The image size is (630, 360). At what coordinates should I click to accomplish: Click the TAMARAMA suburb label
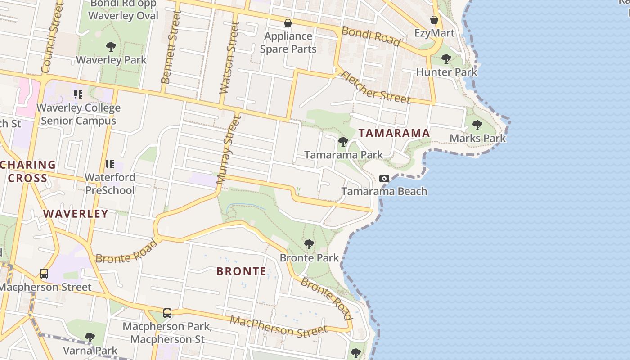tap(394, 133)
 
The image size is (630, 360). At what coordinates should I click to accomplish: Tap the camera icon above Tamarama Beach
tap(384, 178)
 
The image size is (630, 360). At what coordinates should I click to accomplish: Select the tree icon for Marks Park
tap(477, 125)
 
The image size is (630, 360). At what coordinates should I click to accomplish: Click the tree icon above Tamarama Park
tap(343, 142)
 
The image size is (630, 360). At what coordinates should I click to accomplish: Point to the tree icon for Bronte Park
tap(309, 244)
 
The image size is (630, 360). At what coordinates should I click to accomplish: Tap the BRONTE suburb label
tap(241, 271)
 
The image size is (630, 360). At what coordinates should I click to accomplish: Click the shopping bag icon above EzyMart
tap(434, 20)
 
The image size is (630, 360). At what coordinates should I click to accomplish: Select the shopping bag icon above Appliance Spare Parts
tap(288, 22)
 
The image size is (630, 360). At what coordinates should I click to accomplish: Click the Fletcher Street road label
tap(375, 87)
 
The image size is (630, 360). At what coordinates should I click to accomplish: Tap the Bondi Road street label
tap(371, 36)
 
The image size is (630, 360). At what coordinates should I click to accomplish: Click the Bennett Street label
tap(171, 47)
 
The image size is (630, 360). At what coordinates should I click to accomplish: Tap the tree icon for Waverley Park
tap(111, 46)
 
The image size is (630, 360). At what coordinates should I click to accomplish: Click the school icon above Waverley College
tap(78, 94)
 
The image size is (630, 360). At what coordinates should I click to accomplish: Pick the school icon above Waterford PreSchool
tap(110, 164)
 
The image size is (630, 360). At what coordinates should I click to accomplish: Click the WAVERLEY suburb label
tap(76, 214)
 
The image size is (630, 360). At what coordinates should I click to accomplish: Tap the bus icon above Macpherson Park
tap(167, 313)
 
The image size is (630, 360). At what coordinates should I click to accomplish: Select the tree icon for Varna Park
tap(90, 337)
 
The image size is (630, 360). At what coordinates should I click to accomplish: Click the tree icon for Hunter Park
tap(446, 58)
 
